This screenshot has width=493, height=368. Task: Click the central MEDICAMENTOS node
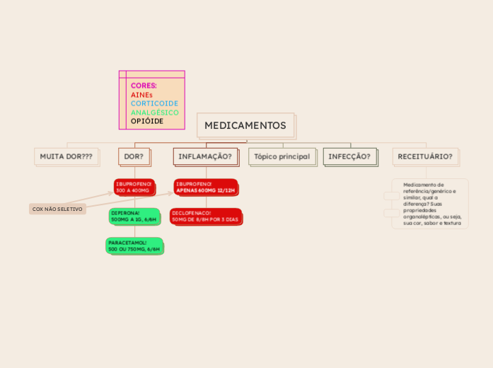[x=245, y=125]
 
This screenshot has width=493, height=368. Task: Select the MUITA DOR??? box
[x=66, y=156]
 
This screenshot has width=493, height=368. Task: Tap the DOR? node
[x=134, y=156]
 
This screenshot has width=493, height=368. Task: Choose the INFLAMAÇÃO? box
[x=205, y=156]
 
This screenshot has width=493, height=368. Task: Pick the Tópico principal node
[x=282, y=156]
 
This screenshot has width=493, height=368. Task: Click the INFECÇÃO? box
[x=349, y=156]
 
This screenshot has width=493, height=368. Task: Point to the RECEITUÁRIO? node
[x=425, y=156]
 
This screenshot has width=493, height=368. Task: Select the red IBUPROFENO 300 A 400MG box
[x=134, y=187]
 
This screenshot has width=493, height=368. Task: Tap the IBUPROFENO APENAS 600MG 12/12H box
[x=205, y=187]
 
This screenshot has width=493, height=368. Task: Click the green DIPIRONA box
[x=134, y=216]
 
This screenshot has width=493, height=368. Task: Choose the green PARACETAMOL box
[x=134, y=246]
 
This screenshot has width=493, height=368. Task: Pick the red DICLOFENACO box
[x=205, y=216]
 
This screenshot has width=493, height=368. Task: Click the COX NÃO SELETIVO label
[x=57, y=209]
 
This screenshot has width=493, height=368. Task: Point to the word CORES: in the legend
[x=144, y=86]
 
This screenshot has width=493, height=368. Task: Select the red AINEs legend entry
[x=141, y=95]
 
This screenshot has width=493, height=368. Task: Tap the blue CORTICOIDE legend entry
[x=154, y=103]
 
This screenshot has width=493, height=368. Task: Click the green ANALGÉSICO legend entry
[x=154, y=113]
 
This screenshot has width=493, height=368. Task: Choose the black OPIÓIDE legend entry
[x=147, y=121]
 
